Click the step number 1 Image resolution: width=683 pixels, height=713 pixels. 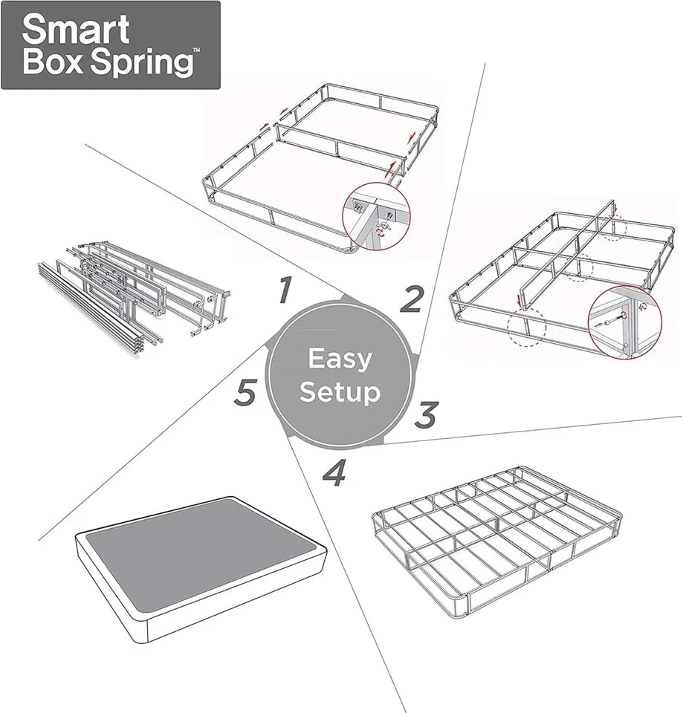pyautogui.click(x=283, y=290)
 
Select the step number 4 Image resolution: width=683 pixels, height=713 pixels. pyautogui.click(x=335, y=473)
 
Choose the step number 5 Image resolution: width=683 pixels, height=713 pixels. pyautogui.click(x=246, y=392)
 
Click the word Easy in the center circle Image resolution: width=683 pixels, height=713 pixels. pyautogui.click(x=340, y=359)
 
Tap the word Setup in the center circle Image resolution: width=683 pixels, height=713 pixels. pyautogui.click(x=340, y=391)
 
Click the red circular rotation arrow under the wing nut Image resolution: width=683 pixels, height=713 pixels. pyautogui.click(x=382, y=232)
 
